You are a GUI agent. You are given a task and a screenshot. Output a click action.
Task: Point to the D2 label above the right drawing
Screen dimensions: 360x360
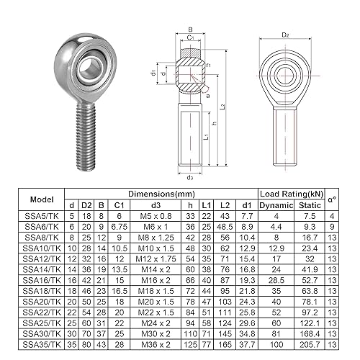pos(285,35)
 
